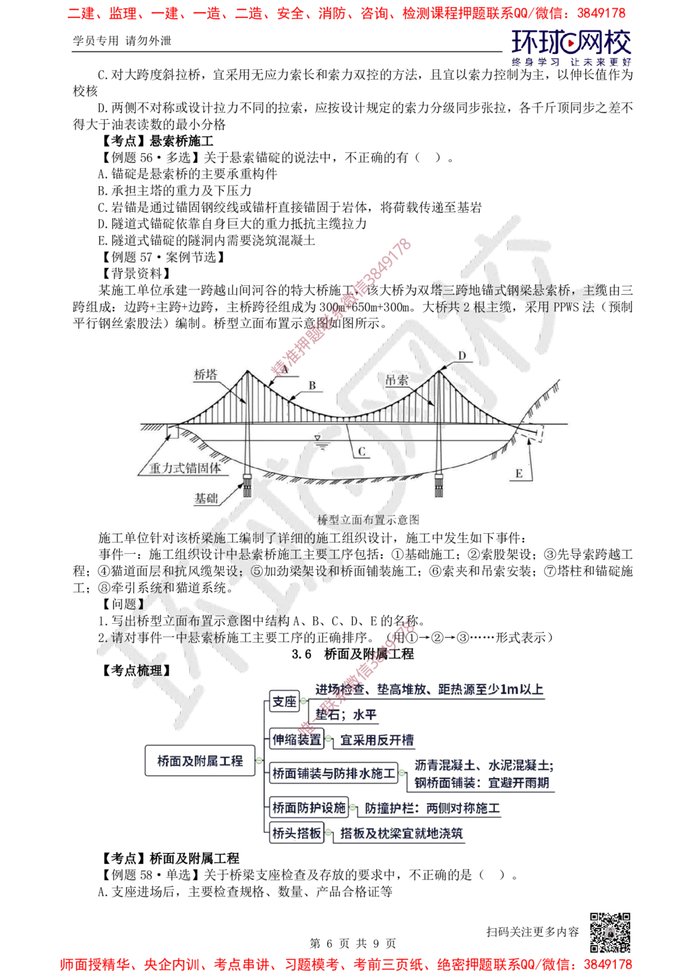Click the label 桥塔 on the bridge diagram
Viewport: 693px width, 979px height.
206,375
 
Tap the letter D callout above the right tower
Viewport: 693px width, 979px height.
462,356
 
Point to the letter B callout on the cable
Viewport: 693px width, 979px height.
312,385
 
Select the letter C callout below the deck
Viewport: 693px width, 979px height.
362,451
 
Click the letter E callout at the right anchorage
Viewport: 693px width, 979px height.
518,474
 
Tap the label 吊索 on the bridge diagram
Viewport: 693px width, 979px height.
398,380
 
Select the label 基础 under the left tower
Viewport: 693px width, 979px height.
206,498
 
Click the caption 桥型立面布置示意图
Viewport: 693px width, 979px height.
369,519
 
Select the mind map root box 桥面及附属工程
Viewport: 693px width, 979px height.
200,762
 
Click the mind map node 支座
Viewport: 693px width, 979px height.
283,702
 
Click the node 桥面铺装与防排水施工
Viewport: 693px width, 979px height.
333,773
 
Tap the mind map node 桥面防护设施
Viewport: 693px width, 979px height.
308,807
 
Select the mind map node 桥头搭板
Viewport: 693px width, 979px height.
297,834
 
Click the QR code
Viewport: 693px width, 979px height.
609,932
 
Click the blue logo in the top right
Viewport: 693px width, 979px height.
571,47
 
